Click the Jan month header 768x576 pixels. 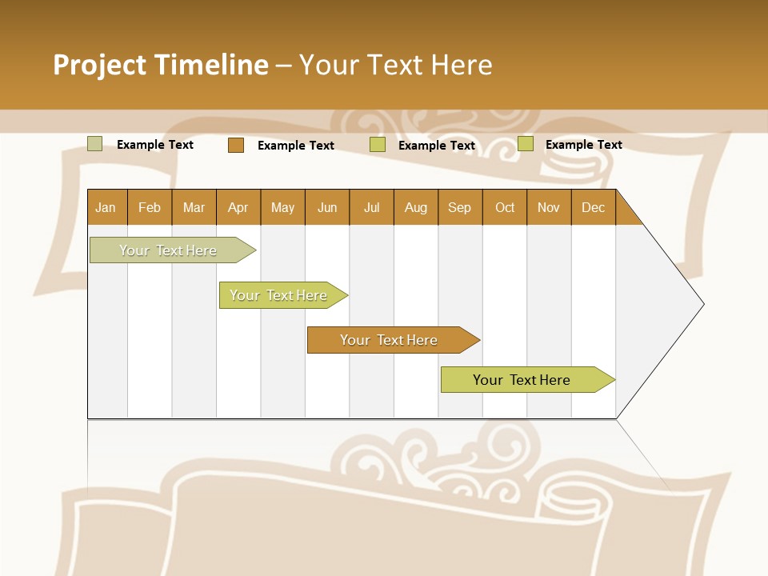(106, 208)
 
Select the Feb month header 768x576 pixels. (150, 208)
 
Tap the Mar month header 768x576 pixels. (194, 208)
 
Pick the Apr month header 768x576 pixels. (238, 208)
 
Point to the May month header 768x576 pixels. (282, 208)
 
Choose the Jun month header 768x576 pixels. (327, 208)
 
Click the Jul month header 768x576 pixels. (371, 208)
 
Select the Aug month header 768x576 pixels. (416, 208)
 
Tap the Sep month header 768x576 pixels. (460, 208)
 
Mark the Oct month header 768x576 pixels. (505, 208)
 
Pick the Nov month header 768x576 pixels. (549, 208)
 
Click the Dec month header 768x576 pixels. (594, 208)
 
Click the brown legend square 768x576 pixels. (236, 145)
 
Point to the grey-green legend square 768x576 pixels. (95, 144)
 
